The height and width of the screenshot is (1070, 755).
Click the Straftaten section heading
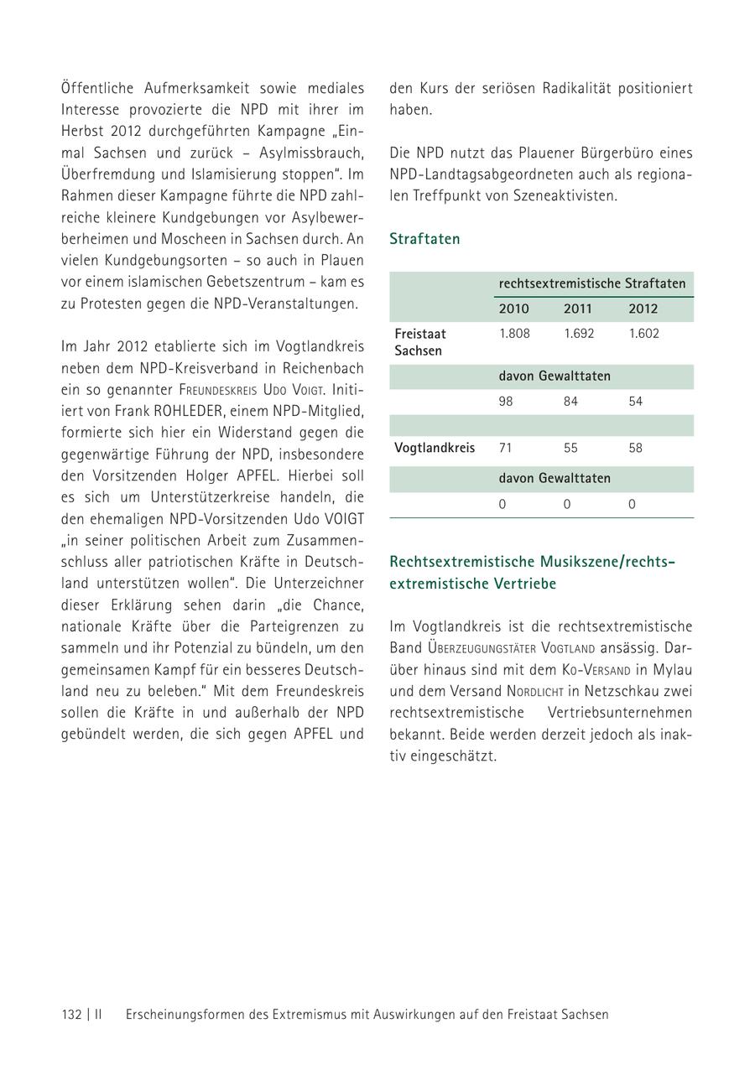pyautogui.click(x=424, y=239)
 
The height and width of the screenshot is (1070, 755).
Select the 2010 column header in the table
pyautogui.click(x=513, y=309)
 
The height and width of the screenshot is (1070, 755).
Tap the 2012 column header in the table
pyautogui.click(x=643, y=309)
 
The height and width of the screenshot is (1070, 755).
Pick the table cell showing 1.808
pyautogui.click(x=514, y=334)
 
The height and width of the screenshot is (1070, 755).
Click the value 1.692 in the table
pyautogui.click(x=579, y=334)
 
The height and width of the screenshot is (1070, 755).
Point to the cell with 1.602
pyautogui.click(x=643, y=334)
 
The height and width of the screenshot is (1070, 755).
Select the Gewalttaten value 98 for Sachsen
pyautogui.click(x=506, y=402)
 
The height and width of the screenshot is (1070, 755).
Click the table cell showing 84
pyautogui.click(x=570, y=402)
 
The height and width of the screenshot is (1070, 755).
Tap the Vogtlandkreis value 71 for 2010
pyautogui.click(x=505, y=448)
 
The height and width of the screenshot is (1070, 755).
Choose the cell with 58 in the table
pyautogui.click(x=635, y=448)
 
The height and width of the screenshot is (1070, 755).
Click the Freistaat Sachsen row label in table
pyautogui.click(x=419, y=342)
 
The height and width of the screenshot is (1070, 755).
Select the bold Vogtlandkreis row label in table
pyautogui.click(x=435, y=448)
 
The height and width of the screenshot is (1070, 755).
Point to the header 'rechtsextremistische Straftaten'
pyautogui.click(x=591, y=283)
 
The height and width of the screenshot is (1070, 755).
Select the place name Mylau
pyautogui.click(x=674, y=670)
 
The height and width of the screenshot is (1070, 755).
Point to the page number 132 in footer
pyautogui.click(x=71, y=1015)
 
